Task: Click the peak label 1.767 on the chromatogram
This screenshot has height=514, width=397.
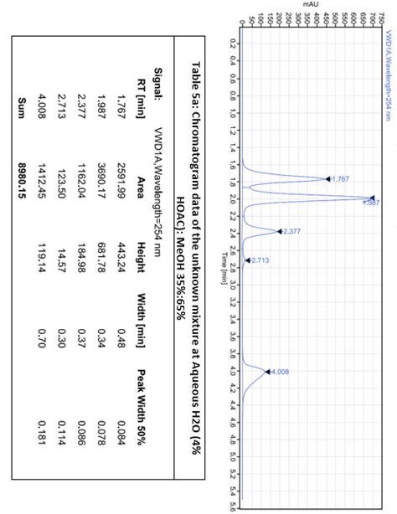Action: tap(340, 179)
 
